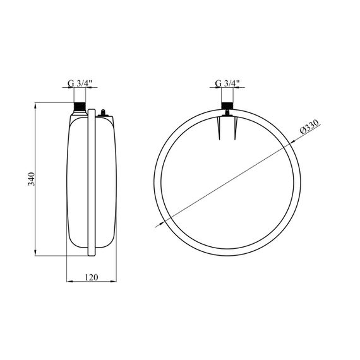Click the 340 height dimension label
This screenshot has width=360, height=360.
click(x=31, y=179)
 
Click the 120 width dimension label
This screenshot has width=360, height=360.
click(x=92, y=277)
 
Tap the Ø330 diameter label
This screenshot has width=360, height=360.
click(x=309, y=127)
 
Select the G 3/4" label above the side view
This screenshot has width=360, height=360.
click(x=80, y=83)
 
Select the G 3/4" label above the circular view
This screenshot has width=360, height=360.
click(x=227, y=83)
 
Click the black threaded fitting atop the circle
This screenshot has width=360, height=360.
click(x=227, y=105)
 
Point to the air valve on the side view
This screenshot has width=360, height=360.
click(x=103, y=112)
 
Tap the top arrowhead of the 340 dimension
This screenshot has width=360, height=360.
click(x=35, y=105)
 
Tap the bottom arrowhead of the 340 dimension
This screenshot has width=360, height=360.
click(x=35, y=253)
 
